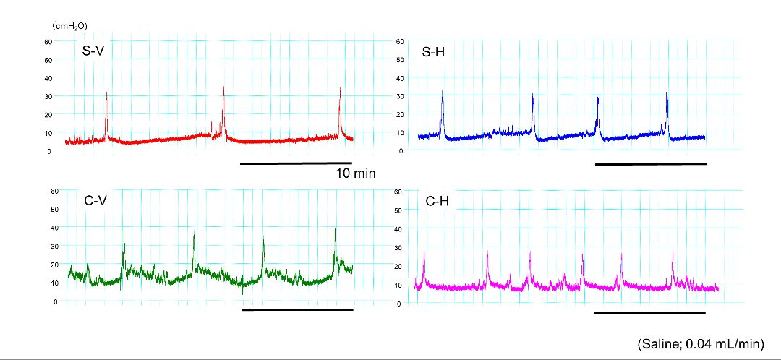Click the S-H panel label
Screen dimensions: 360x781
(x=434, y=52)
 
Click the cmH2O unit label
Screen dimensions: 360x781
(x=69, y=25)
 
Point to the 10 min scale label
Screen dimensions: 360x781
(x=356, y=174)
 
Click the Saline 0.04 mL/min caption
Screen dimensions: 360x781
(x=700, y=344)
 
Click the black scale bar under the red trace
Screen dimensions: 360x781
(x=296, y=163)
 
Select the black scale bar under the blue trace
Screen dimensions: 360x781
(x=651, y=164)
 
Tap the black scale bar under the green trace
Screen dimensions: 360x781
(x=297, y=309)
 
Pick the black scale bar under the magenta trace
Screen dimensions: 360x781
(x=649, y=313)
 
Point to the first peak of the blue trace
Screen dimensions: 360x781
(x=443, y=93)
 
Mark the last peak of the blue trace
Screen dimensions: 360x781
(x=667, y=93)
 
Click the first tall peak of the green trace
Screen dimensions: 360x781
(x=124, y=231)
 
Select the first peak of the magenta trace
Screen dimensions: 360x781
(x=424, y=252)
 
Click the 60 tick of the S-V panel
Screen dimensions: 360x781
(x=48, y=41)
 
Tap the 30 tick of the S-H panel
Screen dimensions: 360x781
(x=399, y=96)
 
